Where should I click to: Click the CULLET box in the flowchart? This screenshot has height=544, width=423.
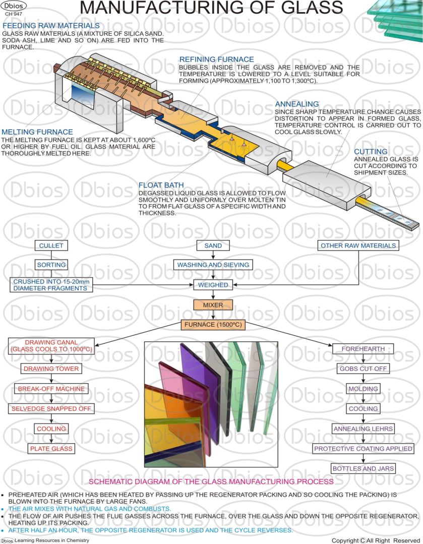[x=50, y=246]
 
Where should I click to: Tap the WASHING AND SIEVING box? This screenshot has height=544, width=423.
[x=213, y=265]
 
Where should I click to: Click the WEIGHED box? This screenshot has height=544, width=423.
[x=213, y=285]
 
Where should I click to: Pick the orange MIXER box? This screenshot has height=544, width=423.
[x=213, y=305]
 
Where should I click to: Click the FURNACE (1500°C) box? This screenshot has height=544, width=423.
[x=213, y=325]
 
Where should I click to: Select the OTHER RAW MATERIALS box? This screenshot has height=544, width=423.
[x=358, y=246]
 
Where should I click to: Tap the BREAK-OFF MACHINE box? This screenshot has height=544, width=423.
[x=51, y=389]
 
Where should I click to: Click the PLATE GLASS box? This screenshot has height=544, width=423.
[x=51, y=449]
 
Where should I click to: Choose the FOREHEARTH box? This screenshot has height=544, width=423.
[x=363, y=349]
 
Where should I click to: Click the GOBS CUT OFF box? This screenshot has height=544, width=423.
[x=363, y=369]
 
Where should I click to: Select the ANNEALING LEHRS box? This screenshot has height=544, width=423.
[x=363, y=429]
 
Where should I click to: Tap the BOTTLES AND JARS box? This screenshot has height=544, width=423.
[x=363, y=468]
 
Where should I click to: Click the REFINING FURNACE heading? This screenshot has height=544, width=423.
[x=216, y=59]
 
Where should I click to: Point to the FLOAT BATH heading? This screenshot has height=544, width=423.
[x=161, y=185]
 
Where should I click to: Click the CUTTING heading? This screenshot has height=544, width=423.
[x=371, y=151]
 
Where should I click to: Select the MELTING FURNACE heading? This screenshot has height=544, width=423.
[x=37, y=132]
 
